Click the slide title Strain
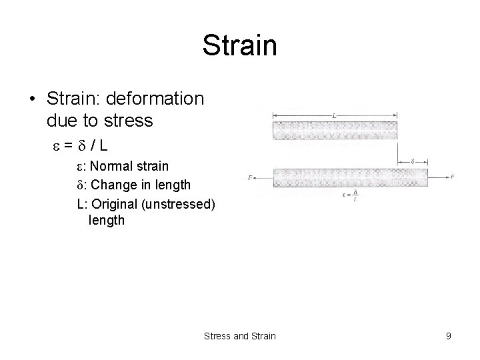pyautogui.click(x=239, y=47)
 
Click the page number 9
pyautogui.click(x=449, y=336)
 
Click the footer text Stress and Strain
pyautogui.click(x=239, y=336)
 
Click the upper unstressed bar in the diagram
pyautogui.click(x=335, y=129)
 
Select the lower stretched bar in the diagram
pyautogui.click(x=349, y=177)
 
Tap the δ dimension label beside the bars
pyautogui.click(x=413, y=161)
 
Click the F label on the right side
pyautogui.click(x=452, y=177)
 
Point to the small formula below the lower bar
pyautogui.click(x=349, y=195)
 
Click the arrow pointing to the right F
pyautogui.click(x=439, y=177)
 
